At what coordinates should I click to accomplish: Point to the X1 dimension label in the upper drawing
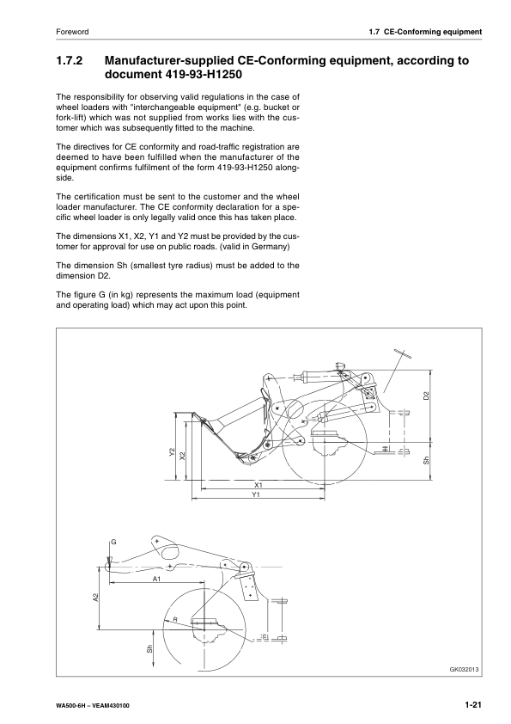pos(258,486)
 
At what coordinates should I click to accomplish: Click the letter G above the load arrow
pos(113,543)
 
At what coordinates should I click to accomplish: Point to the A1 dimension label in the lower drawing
pos(156,580)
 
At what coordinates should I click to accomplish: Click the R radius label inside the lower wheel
pos(174,619)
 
